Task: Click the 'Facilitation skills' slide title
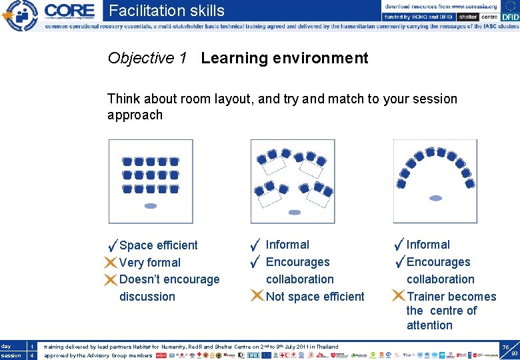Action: click(x=167, y=11)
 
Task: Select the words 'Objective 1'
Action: click(x=147, y=59)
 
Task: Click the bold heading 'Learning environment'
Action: click(x=284, y=59)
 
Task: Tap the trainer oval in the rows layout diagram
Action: click(x=151, y=206)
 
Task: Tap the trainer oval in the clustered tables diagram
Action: click(x=294, y=212)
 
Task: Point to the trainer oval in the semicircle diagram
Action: click(x=435, y=198)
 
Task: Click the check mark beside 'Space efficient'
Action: click(x=113, y=245)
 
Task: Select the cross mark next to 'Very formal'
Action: click(x=111, y=262)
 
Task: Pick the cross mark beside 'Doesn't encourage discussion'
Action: click(x=111, y=279)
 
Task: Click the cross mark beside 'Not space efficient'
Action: click(x=257, y=296)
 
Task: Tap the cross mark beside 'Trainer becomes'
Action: click(x=398, y=296)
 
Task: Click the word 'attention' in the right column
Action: click(x=429, y=325)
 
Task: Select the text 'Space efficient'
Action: click(x=159, y=245)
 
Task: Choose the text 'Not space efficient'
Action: click(x=315, y=297)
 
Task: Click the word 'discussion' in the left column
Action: click(x=147, y=297)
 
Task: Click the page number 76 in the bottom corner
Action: click(x=505, y=347)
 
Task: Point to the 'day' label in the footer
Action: click(x=6, y=347)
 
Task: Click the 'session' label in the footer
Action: click(x=11, y=355)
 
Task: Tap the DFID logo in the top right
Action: click(x=510, y=17)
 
